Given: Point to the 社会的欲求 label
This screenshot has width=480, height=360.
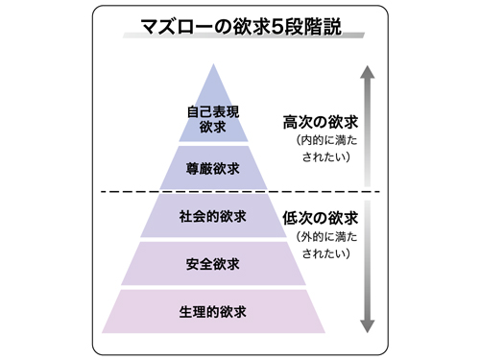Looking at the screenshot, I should pos(213,216).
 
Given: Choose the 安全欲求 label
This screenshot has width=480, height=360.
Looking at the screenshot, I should pos(213,263).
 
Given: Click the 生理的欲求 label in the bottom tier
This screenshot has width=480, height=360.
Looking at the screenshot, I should pos(213,311).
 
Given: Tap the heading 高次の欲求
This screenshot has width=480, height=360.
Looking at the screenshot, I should pos(321,123).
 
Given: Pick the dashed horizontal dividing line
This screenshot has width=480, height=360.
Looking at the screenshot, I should pos(240,192).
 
